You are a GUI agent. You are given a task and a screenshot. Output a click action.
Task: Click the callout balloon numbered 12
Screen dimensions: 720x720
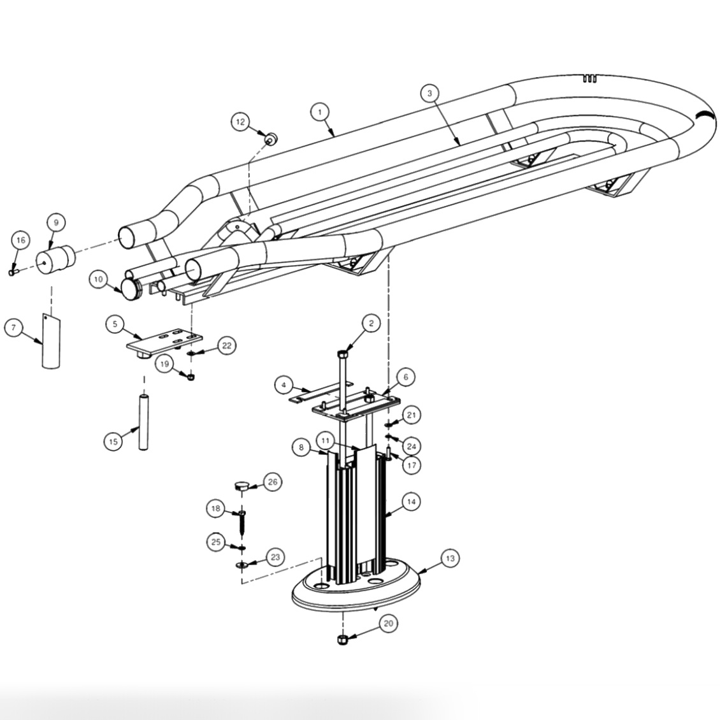pyautogui.click(x=240, y=122)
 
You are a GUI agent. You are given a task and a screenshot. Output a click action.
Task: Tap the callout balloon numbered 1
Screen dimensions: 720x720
pyautogui.click(x=320, y=112)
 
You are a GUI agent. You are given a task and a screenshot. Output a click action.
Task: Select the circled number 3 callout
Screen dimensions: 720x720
pyautogui.click(x=430, y=93)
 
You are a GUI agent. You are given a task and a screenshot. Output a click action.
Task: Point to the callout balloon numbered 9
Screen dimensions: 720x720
pyautogui.click(x=56, y=223)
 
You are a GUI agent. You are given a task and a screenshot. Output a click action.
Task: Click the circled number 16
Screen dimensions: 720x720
pyautogui.click(x=20, y=240)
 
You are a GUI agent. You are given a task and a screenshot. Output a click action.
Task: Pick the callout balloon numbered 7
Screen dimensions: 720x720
pyautogui.click(x=13, y=328)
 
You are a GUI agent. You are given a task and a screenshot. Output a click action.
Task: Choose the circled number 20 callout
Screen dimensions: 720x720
pyautogui.click(x=389, y=624)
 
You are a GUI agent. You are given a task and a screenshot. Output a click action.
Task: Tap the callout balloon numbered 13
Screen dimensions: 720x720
pyautogui.click(x=450, y=558)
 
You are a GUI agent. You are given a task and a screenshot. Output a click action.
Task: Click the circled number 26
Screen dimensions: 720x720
pyautogui.click(x=273, y=482)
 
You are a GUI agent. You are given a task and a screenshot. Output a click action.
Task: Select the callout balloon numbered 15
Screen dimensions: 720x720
pyautogui.click(x=113, y=442)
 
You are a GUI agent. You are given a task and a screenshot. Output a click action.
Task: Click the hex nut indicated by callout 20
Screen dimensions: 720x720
pyautogui.click(x=342, y=640)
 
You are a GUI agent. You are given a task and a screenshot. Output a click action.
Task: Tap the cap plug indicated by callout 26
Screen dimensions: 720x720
pyautogui.click(x=241, y=486)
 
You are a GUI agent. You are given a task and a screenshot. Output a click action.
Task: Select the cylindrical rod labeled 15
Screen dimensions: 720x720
pyautogui.click(x=143, y=422)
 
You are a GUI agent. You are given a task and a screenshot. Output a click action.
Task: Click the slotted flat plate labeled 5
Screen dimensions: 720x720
pyautogui.click(x=164, y=340)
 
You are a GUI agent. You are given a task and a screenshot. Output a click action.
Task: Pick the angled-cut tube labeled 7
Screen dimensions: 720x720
pyautogui.click(x=51, y=340)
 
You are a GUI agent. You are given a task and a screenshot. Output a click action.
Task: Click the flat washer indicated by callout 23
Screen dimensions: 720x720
pyautogui.click(x=241, y=564)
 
